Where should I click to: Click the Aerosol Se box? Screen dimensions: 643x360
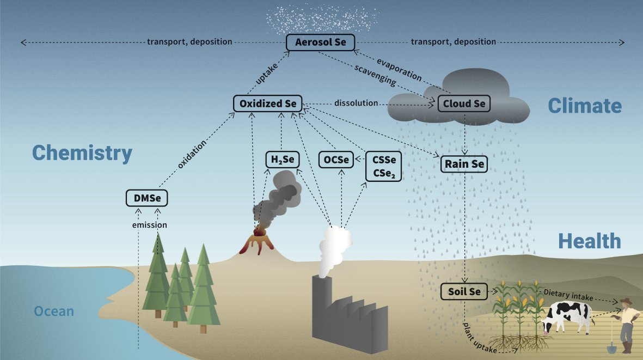pyautogui.click(x=320, y=42)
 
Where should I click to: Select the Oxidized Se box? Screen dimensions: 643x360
pyautogui.click(x=268, y=103)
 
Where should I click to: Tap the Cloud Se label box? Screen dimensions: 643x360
pyautogui.click(x=464, y=103)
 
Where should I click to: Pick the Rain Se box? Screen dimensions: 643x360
pyautogui.click(x=464, y=164)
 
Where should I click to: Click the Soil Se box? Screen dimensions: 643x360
pyautogui.click(x=464, y=291)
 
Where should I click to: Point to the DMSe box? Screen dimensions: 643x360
pyautogui.click(x=147, y=198)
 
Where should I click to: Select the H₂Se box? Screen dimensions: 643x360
pyautogui.click(x=283, y=160)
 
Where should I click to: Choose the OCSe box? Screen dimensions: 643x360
pyautogui.click(x=336, y=160)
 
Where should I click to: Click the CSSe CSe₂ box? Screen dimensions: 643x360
pyautogui.click(x=384, y=166)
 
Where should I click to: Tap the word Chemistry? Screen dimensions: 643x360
pyautogui.click(x=82, y=153)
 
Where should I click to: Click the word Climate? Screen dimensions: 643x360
pyautogui.click(x=585, y=106)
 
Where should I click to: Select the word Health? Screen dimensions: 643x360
pyautogui.click(x=590, y=241)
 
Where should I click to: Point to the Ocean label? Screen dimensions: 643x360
pyautogui.click(x=54, y=311)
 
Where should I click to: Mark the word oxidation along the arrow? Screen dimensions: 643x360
pyautogui.click(x=192, y=155)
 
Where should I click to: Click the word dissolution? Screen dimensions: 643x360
pyautogui.click(x=356, y=103)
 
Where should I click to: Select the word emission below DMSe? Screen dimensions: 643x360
pyautogui.click(x=150, y=225)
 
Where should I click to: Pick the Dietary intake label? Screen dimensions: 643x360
pyautogui.click(x=568, y=295)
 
